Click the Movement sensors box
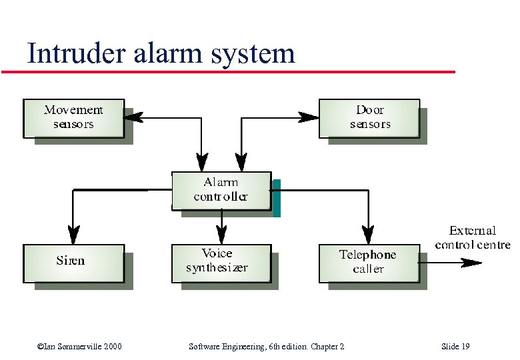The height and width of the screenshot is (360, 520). pyautogui.click(x=73, y=118)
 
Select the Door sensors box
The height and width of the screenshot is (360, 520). pyautogui.click(x=369, y=118)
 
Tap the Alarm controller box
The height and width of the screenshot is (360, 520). pyautogui.click(x=221, y=190)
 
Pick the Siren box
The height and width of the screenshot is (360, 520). pyautogui.click(x=73, y=262)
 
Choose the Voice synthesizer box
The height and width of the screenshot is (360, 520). pyautogui.click(x=221, y=262)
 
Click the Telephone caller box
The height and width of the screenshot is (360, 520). pyautogui.click(x=369, y=262)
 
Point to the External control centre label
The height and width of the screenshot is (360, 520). pyautogui.click(x=472, y=238)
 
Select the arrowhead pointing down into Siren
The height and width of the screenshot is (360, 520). pyautogui.click(x=73, y=235)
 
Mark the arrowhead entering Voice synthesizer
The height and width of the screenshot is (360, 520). pyautogui.click(x=221, y=235)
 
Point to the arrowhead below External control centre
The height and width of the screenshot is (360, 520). pyautogui.click(x=472, y=263)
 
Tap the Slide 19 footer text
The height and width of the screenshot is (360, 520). pyautogui.click(x=455, y=347)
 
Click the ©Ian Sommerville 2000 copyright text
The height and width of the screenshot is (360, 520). pyautogui.click(x=80, y=347)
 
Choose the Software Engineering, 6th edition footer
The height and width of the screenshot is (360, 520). pyautogui.click(x=267, y=347)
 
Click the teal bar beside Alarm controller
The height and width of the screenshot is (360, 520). pyautogui.click(x=276, y=198)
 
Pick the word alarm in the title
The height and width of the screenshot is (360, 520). pyautogui.click(x=166, y=53)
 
